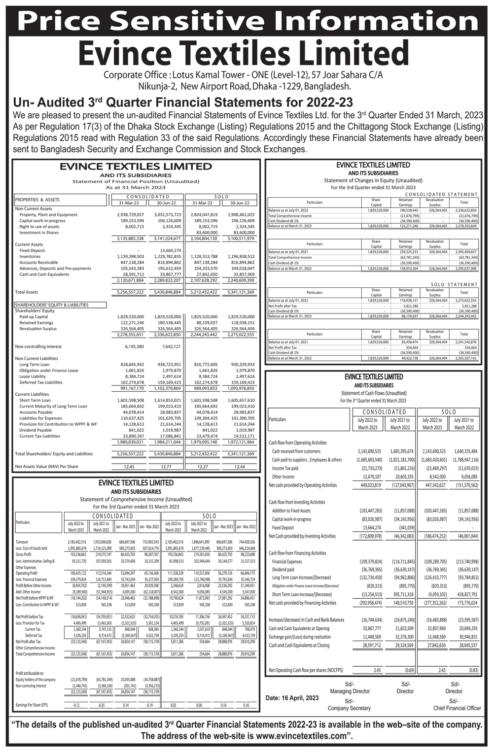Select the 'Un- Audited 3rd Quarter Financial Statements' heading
click(x=183, y=103)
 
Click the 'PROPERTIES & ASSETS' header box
click(x=61, y=200)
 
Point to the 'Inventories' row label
click(x=30, y=256)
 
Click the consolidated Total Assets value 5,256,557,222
click(x=130, y=292)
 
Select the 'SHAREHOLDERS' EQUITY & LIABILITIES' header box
click(x=61, y=305)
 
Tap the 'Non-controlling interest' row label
click(x=38, y=346)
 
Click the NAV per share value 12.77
click(x=167, y=466)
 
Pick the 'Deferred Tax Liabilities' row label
click(x=41, y=382)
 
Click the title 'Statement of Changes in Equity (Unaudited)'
click(x=373, y=180)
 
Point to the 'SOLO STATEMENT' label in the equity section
click(x=454, y=284)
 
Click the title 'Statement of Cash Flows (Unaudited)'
click(x=374, y=393)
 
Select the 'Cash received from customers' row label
click(x=296, y=451)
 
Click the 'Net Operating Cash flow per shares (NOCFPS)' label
click(x=306, y=670)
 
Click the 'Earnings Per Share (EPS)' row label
click(x=32, y=705)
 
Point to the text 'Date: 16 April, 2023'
click(x=292, y=698)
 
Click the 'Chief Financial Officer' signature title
click(x=457, y=708)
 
